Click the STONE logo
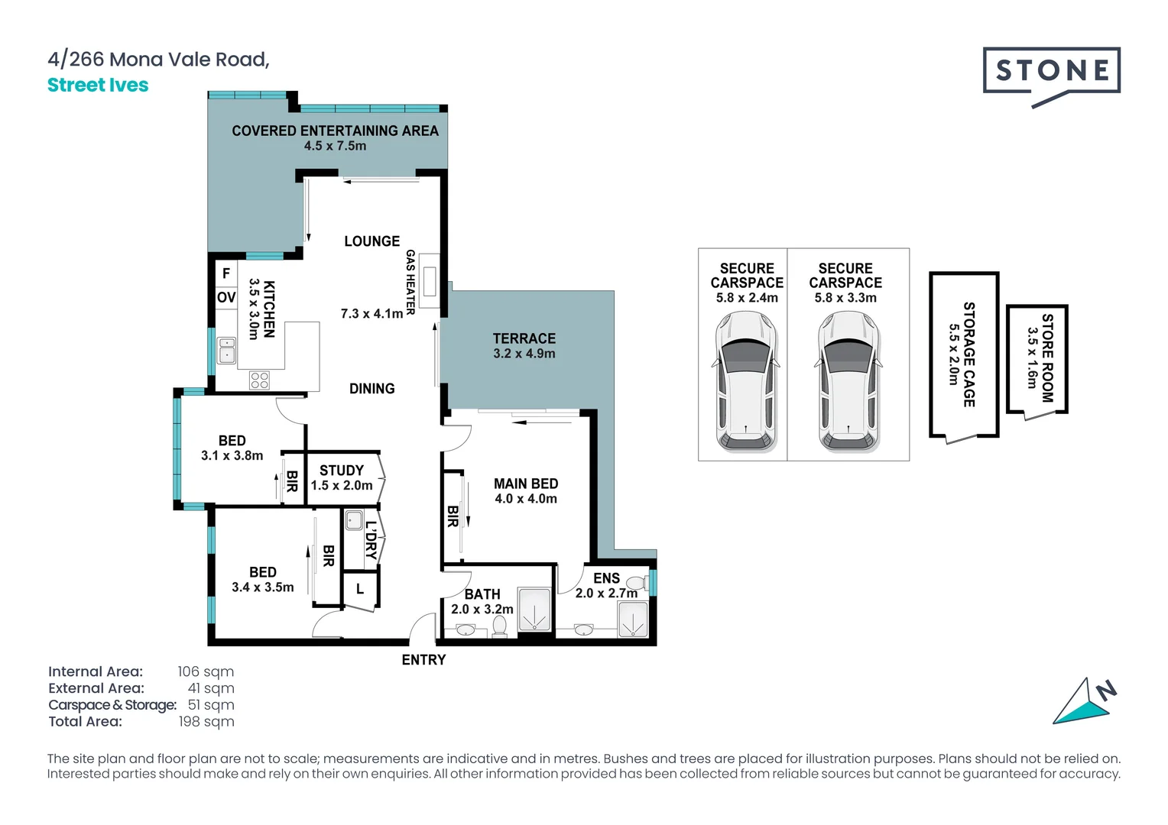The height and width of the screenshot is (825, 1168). pyautogui.click(x=1051, y=73)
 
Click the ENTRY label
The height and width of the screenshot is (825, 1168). pyautogui.click(x=423, y=660)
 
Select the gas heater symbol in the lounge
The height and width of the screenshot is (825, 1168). pyautogui.click(x=430, y=281)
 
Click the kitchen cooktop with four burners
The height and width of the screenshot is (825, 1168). pyautogui.click(x=259, y=380)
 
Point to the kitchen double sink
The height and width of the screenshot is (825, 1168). pyautogui.click(x=227, y=350)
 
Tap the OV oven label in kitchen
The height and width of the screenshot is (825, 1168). pyautogui.click(x=226, y=297)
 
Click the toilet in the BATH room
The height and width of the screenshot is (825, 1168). pyautogui.click(x=499, y=626)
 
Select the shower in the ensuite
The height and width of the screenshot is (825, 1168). pyautogui.click(x=633, y=620)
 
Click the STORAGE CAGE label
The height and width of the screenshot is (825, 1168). pyautogui.click(x=968, y=354)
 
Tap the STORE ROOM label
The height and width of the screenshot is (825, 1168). pyautogui.click(x=1047, y=357)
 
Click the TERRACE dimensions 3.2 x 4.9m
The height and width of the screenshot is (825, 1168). pyautogui.click(x=524, y=354)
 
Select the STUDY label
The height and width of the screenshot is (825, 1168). pyautogui.click(x=342, y=471)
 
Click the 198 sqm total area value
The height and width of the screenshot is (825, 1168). pyautogui.click(x=206, y=722)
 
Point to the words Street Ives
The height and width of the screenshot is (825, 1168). pyautogui.click(x=98, y=86)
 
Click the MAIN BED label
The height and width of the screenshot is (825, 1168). pyautogui.click(x=526, y=484)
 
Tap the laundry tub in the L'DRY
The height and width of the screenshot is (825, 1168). pyautogui.click(x=353, y=521)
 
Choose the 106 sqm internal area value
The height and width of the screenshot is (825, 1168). pyautogui.click(x=206, y=671)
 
